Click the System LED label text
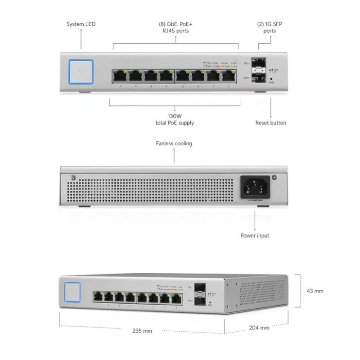pyautogui.click(x=81, y=25)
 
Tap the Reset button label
pyautogui.click(x=270, y=122)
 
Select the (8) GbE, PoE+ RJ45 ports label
pyautogui.click(x=175, y=28)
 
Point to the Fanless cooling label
pyautogui.click(x=174, y=144)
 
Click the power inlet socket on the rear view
pyautogui.click(x=255, y=186)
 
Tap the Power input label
pyautogui.click(x=255, y=235)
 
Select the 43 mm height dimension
pyautogui.click(x=315, y=291)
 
